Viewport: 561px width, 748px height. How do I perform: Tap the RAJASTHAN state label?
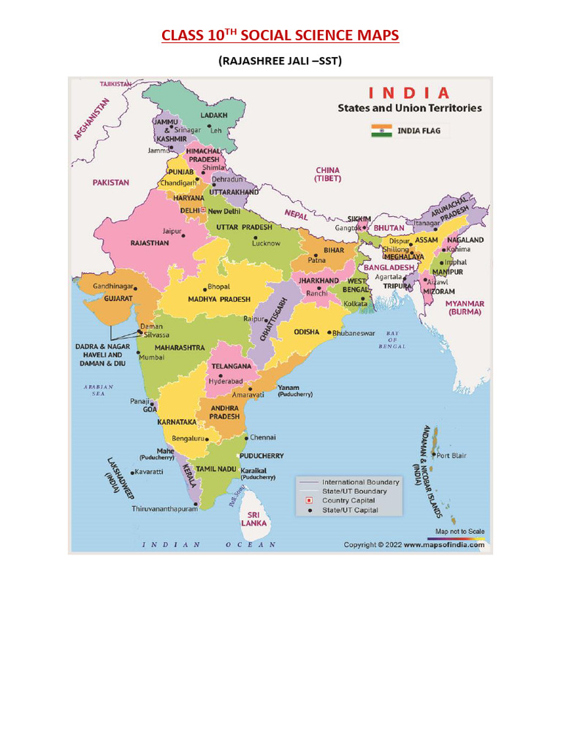pyautogui.click(x=150, y=243)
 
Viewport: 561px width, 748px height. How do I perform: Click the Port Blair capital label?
pyautogui.click(x=451, y=455)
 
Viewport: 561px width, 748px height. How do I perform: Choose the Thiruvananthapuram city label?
pyautogui.click(x=164, y=508)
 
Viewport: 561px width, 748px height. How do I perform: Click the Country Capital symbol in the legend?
pyautogui.click(x=308, y=500)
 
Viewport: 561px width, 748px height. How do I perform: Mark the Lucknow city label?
pyautogui.click(x=266, y=243)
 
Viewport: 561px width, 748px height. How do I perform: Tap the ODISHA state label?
pyautogui.click(x=306, y=332)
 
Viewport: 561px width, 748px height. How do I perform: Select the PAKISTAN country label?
pyautogui.click(x=110, y=183)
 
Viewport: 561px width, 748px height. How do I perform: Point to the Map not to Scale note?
pyautogui.click(x=459, y=532)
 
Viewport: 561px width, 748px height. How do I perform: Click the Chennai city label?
pyautogui.click(x=263, y=438)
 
